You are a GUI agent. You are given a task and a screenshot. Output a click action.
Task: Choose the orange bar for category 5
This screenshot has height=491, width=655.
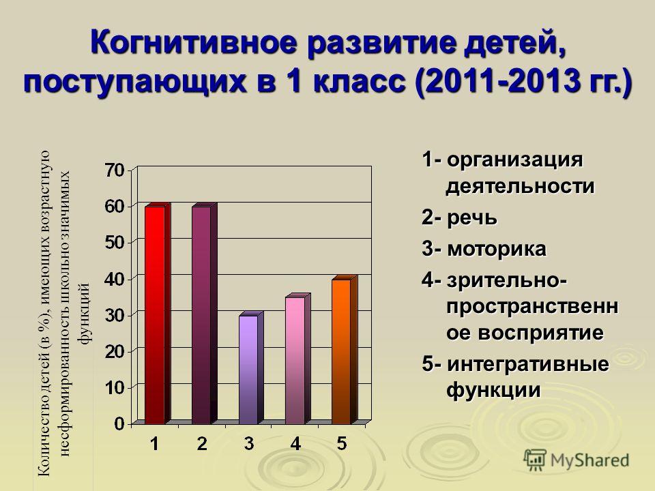(x=344, y=350)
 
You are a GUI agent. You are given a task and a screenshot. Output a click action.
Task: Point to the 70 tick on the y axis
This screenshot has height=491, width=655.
(x=114, y=170)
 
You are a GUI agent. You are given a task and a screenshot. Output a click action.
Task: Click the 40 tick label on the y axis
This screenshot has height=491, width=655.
(x=115, y=279)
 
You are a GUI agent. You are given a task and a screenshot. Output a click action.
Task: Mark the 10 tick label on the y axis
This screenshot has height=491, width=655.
(x=115, y=388)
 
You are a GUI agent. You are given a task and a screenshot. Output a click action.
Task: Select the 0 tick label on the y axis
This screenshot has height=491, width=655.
(x=119, y=424)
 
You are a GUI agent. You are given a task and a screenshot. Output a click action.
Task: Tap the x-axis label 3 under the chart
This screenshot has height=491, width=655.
(x=249, y=443)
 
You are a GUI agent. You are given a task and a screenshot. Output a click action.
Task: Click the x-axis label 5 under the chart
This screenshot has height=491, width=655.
(x=342, y=443)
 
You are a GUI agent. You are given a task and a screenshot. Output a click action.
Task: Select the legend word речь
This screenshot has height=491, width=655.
(x=472, y=218)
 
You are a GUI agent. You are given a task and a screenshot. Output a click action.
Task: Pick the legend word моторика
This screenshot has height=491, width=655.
(x=497, y=249)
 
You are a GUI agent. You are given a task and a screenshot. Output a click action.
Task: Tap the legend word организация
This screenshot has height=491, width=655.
(x=514, y=160)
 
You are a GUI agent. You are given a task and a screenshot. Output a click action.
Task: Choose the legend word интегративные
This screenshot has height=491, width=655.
(x=528, y=364)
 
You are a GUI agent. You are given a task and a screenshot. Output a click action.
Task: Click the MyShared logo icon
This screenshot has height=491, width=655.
(x=535, y=460)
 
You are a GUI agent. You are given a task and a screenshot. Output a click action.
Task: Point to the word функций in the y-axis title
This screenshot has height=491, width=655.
(x=85, y=314)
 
